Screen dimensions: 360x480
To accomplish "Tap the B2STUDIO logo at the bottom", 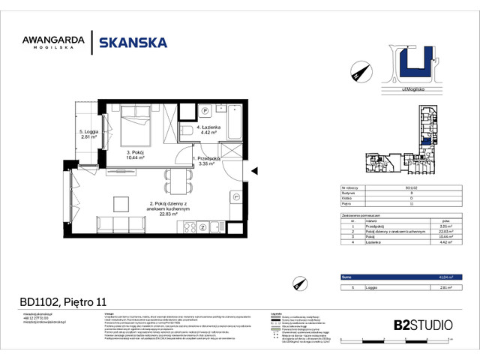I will (423, 325).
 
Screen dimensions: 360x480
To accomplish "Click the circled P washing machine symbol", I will (204, 110).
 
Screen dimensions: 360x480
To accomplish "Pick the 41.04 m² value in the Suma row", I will (445, 277).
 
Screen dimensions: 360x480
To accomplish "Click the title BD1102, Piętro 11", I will (63, 302).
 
